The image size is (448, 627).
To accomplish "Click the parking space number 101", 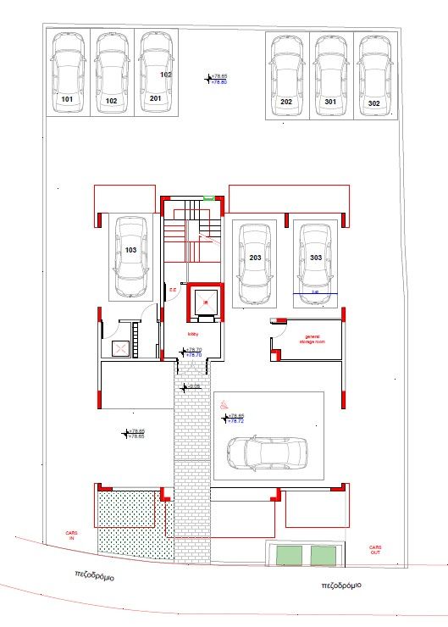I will (x=68, y=99).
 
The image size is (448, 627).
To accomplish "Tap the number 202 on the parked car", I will (x=286, y=102).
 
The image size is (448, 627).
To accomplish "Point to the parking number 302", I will (x=374, y=102).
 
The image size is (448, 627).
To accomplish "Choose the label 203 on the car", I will (x=256, y=257).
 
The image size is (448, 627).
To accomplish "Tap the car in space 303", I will (x=316, y=258).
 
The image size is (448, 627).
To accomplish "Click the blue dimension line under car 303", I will (x=316, y=294).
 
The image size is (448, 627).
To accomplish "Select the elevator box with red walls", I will (x=204, y=302).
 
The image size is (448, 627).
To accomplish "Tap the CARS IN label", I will (x=71, y=535).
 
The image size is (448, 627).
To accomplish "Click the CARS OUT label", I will (x=375, y=549).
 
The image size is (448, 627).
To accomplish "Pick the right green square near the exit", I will (x=323, y=555).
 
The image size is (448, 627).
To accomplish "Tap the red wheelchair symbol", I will (x=224, y=406).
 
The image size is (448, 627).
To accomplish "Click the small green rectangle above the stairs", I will (x=208, y=198).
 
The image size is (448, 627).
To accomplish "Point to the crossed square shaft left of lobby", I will (x=120, y=347).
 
